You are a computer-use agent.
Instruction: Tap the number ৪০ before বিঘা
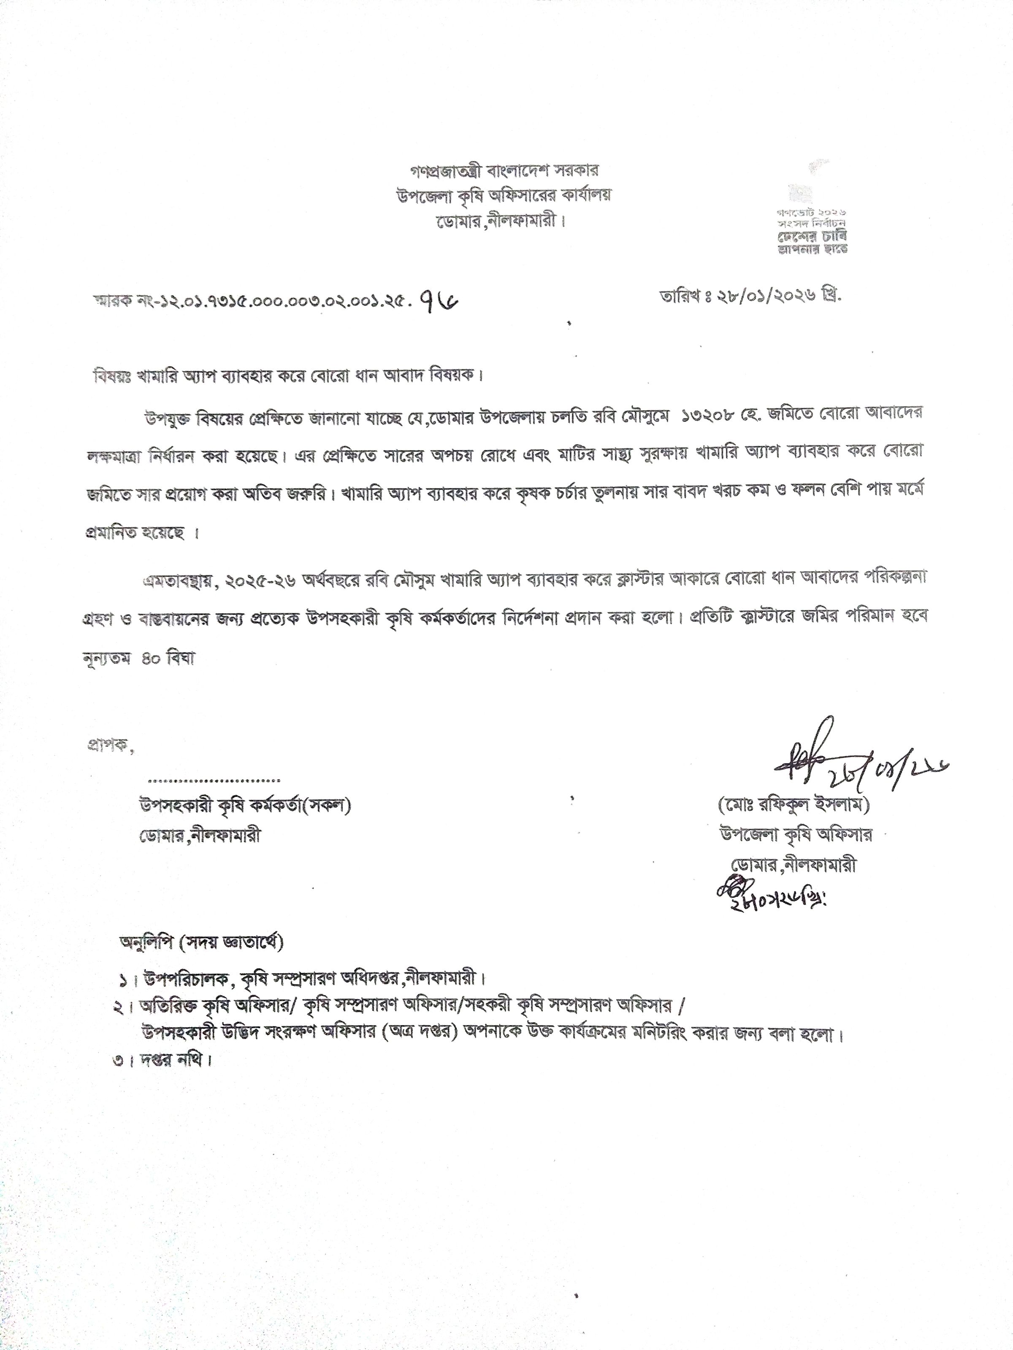pyautogui.click(x=150, y=659)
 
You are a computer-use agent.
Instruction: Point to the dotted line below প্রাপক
pyautogui.click(x=214, y=780)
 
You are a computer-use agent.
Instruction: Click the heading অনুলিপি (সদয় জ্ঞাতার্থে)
pyautogui.click(x=201, y=942)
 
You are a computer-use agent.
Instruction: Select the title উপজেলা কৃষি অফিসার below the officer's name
pyautogui.click(x=795, y=834)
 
